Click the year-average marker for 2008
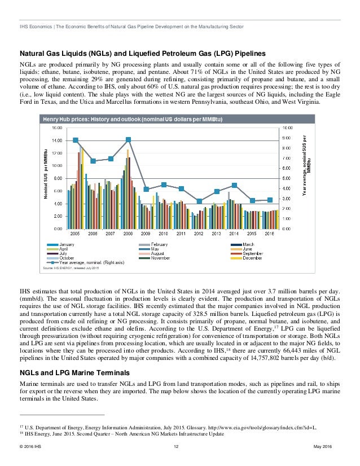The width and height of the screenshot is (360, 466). point(129,139)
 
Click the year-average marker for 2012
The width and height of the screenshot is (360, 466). point(199,201)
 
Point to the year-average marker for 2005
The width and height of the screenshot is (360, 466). point(76,140)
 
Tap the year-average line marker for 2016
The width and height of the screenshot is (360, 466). point(270,200)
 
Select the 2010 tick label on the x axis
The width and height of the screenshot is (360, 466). point(164,233)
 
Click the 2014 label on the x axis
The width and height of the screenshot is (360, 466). point(234,233)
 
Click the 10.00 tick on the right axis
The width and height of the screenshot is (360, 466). point(286,128)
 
